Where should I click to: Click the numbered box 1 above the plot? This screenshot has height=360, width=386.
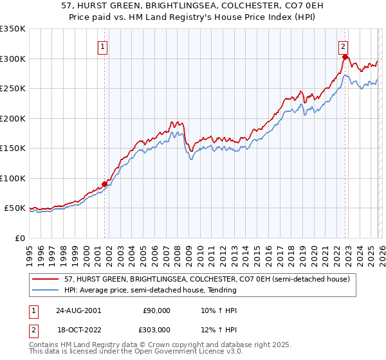pos(103,46)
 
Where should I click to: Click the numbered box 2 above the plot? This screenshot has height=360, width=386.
pos(344,46)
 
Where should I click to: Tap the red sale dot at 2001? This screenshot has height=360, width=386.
pos(104,184)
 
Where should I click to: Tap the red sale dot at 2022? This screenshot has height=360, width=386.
pos(345,57)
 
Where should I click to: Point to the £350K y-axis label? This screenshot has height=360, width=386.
pos(13,29)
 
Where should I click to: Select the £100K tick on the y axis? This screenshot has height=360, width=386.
pos(13,178)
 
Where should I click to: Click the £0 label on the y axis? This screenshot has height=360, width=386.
pos(19,238)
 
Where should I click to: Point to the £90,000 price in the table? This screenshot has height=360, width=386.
pos(156,310)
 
